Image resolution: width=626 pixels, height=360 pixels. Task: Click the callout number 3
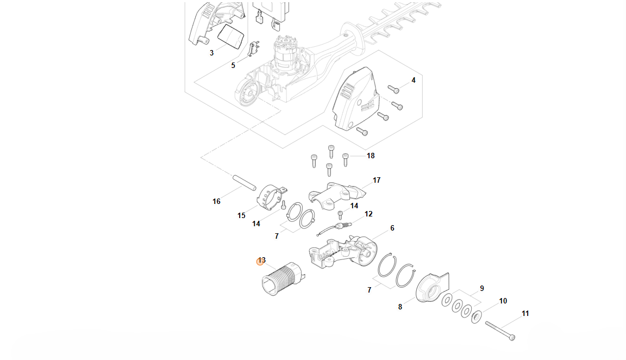(211, 53)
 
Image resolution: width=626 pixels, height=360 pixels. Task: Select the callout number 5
(233, 65)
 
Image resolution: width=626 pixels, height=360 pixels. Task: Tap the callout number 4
(414, 80)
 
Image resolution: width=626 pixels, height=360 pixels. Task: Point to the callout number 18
(371, 156)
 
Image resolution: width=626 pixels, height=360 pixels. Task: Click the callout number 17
(377, 180)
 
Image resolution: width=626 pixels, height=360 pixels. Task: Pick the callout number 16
(216, 201)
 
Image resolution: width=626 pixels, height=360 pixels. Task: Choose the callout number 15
(241, 215)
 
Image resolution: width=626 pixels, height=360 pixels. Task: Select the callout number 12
(368, 214)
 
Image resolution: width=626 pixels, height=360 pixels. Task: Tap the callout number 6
(392, 228)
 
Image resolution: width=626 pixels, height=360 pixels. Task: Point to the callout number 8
(400, 307)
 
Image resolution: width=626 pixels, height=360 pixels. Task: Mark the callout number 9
(481, 288)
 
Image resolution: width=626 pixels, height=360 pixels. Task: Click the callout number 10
(503, 301)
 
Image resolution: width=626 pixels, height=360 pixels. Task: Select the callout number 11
(525, 313)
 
